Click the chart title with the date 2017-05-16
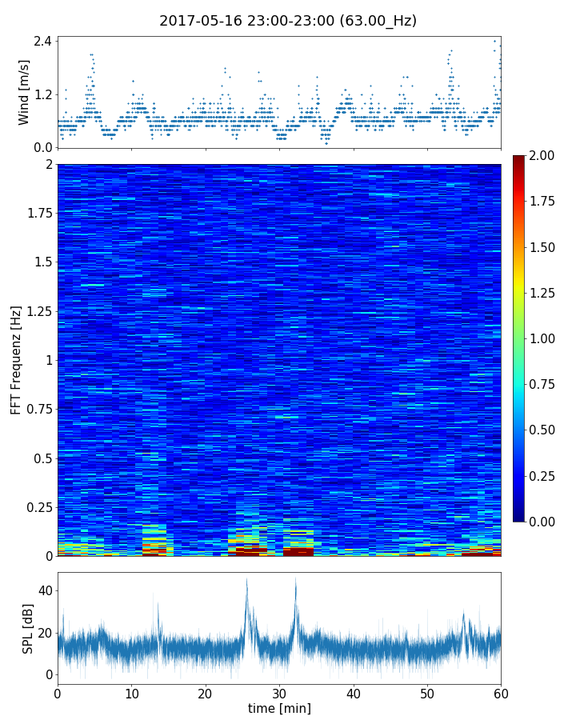tap(288, 21)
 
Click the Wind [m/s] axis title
tap(24, 92)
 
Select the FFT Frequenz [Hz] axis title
tap(16, 360)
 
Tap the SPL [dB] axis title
tap(28, 629)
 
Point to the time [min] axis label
tap(279, 708)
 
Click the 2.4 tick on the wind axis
tap(42, 41)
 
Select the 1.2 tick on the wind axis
tap(42, 94)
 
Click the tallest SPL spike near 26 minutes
tap(246, 579)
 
